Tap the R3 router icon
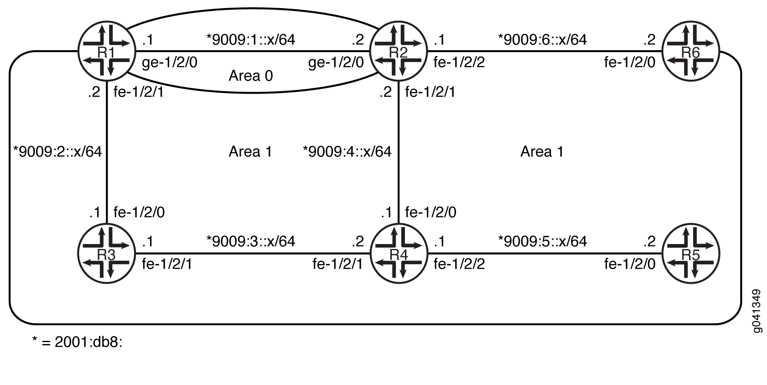[x=106, y=254]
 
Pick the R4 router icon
[x=398, y=254]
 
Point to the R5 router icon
[x=690, y=254]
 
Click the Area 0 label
[x=250, y=76]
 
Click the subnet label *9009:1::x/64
[x=251, y=40]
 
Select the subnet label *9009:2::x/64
[x=58, y=151]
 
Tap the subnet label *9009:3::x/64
[x=251, y=241]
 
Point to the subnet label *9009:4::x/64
[x=347, y=151]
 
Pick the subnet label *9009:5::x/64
[x=543, y=241]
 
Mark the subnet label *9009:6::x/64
[x=543, y=40]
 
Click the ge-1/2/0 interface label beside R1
[x=170, y=62]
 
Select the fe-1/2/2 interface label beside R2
[x=459, y=62]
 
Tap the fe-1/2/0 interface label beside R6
[x=629, y=62]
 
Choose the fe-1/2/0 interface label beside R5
[x=629, y=264]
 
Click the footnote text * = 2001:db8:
[x=77, y=342]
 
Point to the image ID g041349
[x=757, y=311]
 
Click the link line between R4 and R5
[x=543, y=254]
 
